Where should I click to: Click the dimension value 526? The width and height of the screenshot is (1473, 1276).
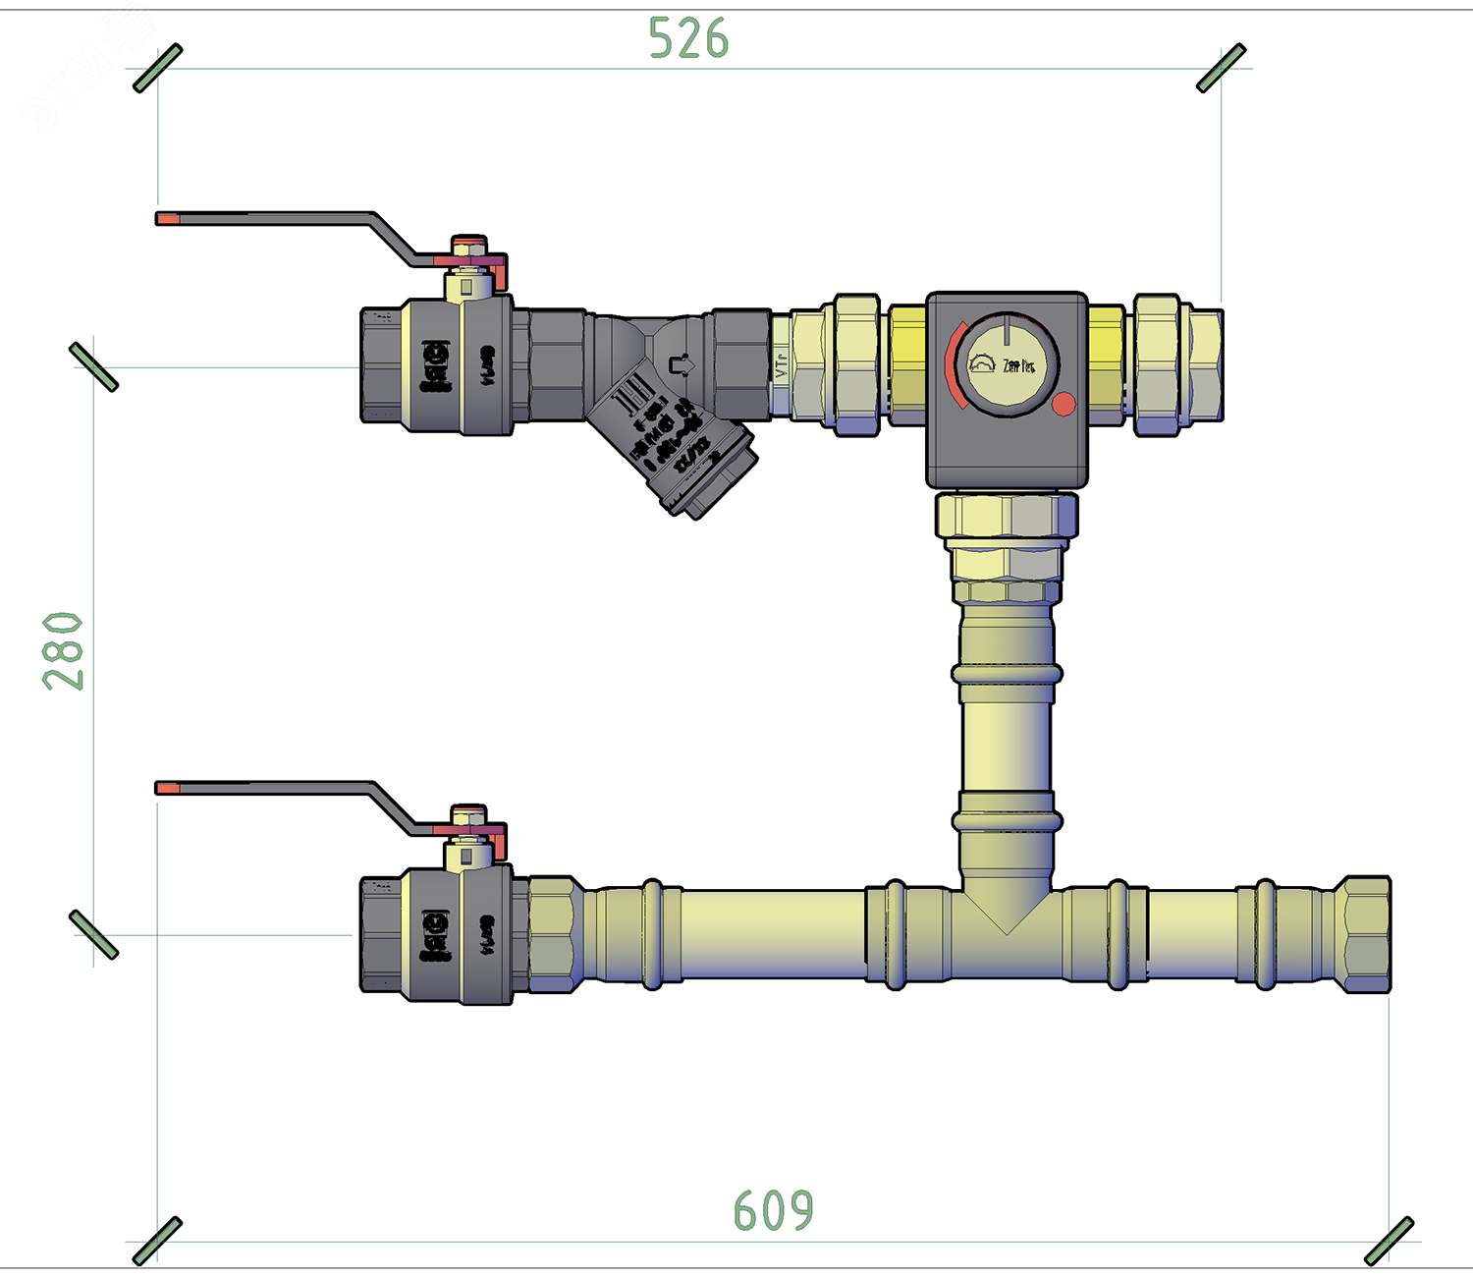click(x=688, y=39)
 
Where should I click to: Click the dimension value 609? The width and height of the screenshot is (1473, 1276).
click(x=774, y=1210)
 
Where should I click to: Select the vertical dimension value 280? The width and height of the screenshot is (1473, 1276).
click(x=64, y=650)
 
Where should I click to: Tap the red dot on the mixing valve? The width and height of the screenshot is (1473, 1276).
click(x=1064, y=404)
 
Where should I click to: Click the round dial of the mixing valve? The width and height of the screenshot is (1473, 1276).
click(x=1007, y=362)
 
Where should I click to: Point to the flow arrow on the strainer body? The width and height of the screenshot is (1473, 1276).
click(x=681, y=365)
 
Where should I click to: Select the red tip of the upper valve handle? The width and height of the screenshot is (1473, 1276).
click(x=168, y=219)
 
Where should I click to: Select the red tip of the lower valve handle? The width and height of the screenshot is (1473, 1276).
click(x=168, y=788)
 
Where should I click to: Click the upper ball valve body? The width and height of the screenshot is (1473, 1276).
click(x=437, y=365)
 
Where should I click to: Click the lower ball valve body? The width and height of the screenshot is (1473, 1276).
click(x=437, y=935)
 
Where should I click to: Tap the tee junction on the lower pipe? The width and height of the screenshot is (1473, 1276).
click(x=1007, y=923)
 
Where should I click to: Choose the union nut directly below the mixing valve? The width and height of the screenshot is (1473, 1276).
click(x=1007, y=516)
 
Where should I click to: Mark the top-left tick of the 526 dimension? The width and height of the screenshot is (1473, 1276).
click(x=158, y=68)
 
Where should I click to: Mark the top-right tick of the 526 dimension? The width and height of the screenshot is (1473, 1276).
click(x=1222, y=68)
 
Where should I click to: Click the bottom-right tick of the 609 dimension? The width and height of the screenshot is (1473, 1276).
click(x=1390, y=1242)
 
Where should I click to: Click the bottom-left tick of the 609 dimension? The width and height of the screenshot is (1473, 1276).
click(x=158, y=1242)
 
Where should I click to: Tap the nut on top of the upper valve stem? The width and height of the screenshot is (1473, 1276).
click(x=468, y=244)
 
